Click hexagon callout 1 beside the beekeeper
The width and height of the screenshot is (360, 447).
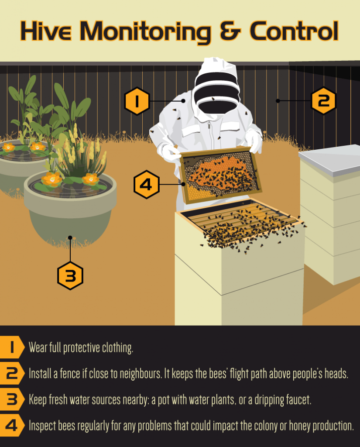pos(137,101)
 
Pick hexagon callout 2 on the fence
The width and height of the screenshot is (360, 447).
pos(323,101)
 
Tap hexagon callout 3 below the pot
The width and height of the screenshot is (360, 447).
pos(70,276)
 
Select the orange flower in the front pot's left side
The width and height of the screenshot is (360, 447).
pos(52,179)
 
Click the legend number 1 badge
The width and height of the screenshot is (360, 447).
pos(12,347)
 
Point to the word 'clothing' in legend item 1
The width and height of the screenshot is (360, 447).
pos(117,348)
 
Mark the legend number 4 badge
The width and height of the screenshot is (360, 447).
pos(12,426)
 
